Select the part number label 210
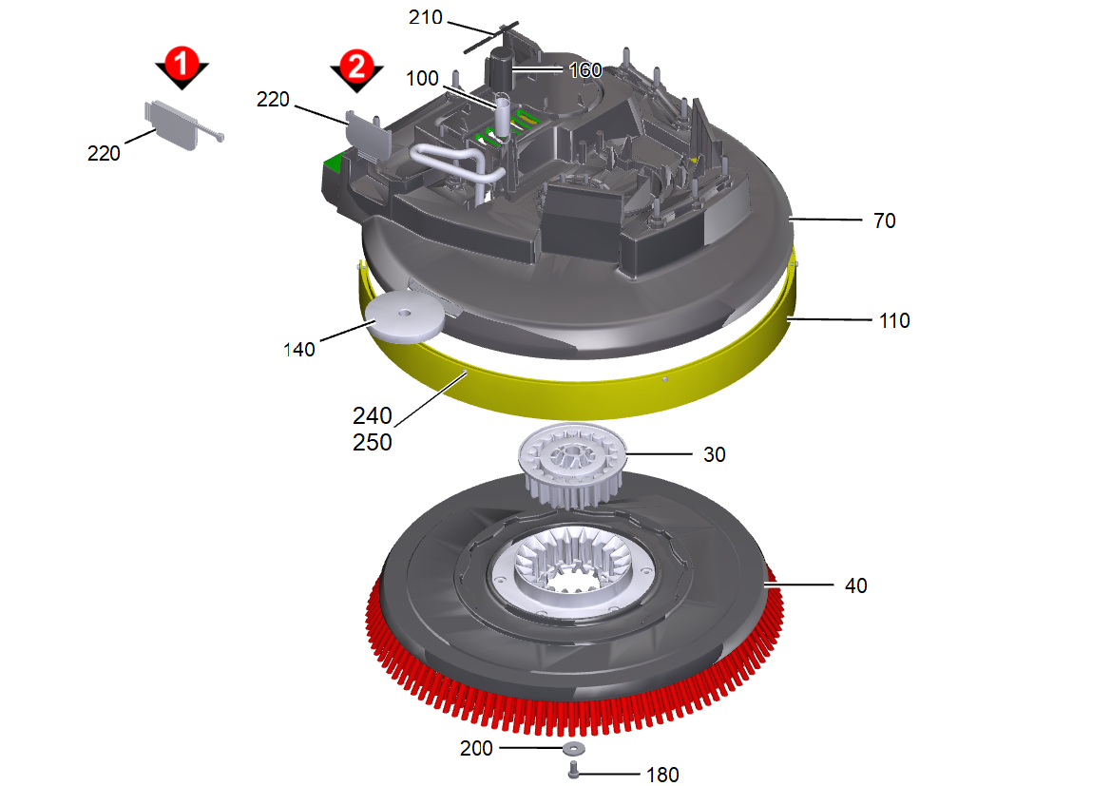point(425,17)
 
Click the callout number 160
point(585,70)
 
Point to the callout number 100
point(422,78)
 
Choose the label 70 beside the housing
point(884,221)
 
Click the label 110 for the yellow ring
point(894,321)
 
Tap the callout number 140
point(299,350)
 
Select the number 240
point(372,415)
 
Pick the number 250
point(372,442)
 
